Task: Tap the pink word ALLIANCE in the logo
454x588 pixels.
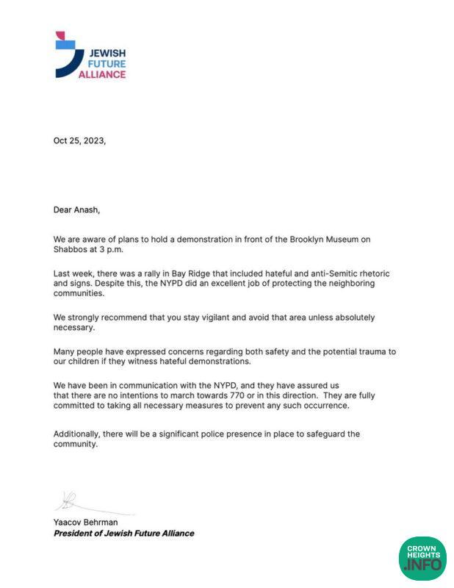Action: (x=107, y=74)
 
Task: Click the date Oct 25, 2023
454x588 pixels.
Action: (x=79, y=140)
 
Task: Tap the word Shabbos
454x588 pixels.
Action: (x=71, y=249)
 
